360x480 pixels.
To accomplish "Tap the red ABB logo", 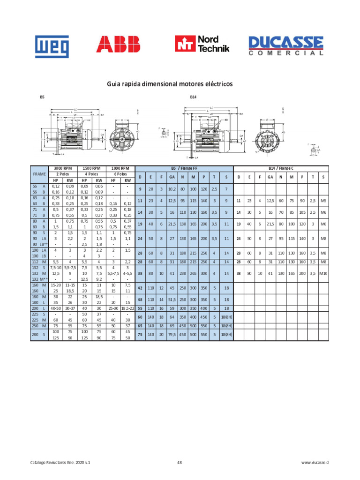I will click(x=118, y=45).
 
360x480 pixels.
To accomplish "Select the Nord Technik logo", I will click(x=202, y=44).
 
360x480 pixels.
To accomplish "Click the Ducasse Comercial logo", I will click(x=286, y=45).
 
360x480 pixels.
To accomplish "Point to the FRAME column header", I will click(x=39, y=174).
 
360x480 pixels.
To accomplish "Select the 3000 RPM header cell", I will click(x=62, y=168).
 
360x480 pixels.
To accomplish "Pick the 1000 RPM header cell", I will click(x=120, y=168).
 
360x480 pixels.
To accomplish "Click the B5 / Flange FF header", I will click(x=183, y=168).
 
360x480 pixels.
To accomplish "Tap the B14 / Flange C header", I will click(x=280, y=168).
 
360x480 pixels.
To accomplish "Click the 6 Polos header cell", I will click(x=120, y=173).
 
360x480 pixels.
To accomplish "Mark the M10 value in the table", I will click(x=323, y=273).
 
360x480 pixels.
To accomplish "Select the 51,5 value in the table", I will click(x=172, y=299).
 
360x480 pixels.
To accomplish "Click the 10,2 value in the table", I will click(x=172, y=189).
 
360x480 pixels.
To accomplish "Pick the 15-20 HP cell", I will click(x=55, y=285).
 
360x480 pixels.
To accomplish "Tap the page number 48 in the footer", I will click(x=180, y=462).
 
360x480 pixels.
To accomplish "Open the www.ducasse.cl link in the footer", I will click(x=312, y=462).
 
